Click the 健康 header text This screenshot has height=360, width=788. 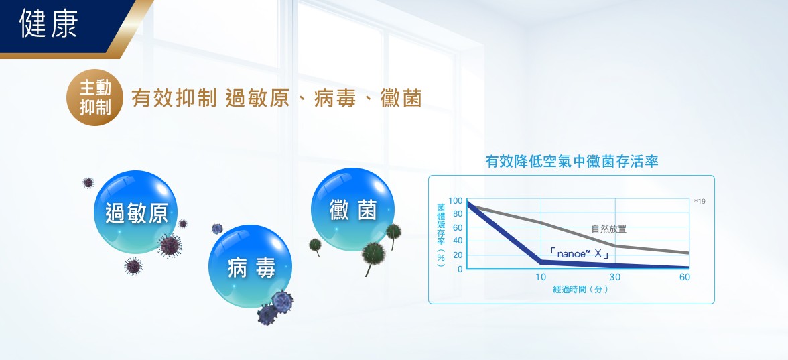49,23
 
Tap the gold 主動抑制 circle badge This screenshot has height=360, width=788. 95,98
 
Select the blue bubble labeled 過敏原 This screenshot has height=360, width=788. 135,213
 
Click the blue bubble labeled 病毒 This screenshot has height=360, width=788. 250,267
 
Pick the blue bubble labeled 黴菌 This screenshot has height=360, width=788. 352,210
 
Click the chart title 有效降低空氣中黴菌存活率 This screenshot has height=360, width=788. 572,162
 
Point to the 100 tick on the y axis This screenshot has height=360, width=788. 456,201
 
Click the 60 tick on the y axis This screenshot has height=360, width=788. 457,228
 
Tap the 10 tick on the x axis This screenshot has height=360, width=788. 541,277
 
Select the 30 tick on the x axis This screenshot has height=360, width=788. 614,277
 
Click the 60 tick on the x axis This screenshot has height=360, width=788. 685,277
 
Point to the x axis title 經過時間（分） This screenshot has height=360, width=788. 580,290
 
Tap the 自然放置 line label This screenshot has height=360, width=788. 609,229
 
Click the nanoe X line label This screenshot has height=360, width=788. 580,254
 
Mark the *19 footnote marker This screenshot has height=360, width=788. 700,201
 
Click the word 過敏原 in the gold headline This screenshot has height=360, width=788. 257,98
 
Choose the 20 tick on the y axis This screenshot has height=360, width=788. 457,255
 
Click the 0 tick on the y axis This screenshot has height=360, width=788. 460,269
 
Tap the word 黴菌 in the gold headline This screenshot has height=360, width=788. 401,98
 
